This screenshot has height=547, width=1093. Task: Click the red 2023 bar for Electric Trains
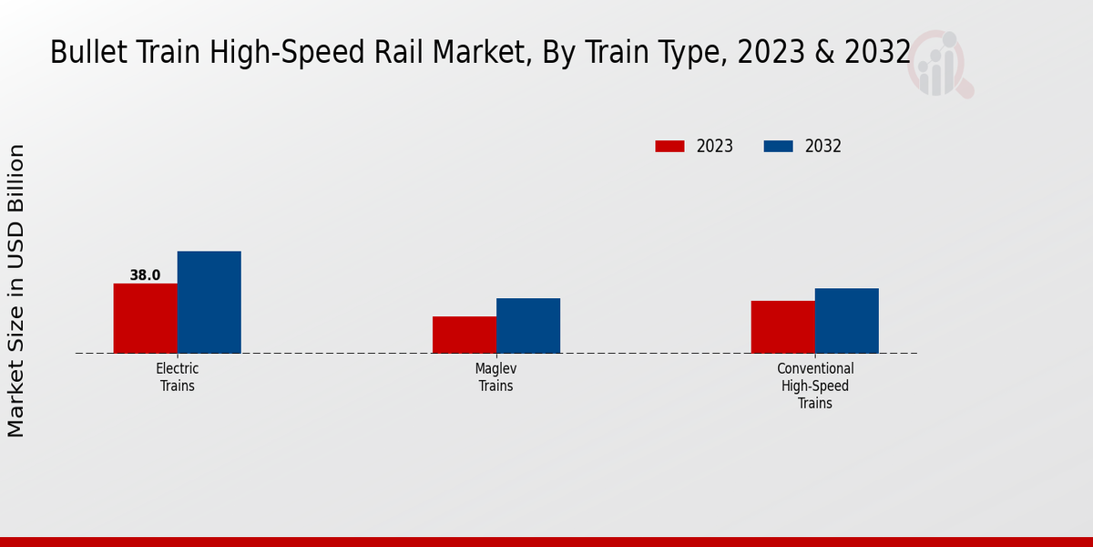point(146,318)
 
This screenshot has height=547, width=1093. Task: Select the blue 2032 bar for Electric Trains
point(209,302)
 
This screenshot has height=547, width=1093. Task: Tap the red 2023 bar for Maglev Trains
point(465,335)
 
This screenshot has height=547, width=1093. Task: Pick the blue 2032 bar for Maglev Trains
point(528,325)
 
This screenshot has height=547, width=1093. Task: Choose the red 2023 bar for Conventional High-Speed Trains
point(783,326)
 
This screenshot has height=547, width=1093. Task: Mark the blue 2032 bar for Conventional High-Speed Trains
point(847,321)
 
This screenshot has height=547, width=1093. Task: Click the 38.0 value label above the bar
point(145,275)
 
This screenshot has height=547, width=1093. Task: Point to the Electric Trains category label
point(178,377)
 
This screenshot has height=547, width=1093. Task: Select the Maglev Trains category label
point(496,377)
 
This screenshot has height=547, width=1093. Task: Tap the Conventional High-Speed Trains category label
point(815,386)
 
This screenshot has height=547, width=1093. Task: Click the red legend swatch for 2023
point(669,146)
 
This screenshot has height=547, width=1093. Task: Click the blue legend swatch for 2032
point(778,146)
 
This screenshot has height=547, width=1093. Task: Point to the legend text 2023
point(715,146)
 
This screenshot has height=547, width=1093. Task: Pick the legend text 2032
point(823,146)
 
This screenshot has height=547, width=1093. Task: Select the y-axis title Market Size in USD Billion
point(16,290)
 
